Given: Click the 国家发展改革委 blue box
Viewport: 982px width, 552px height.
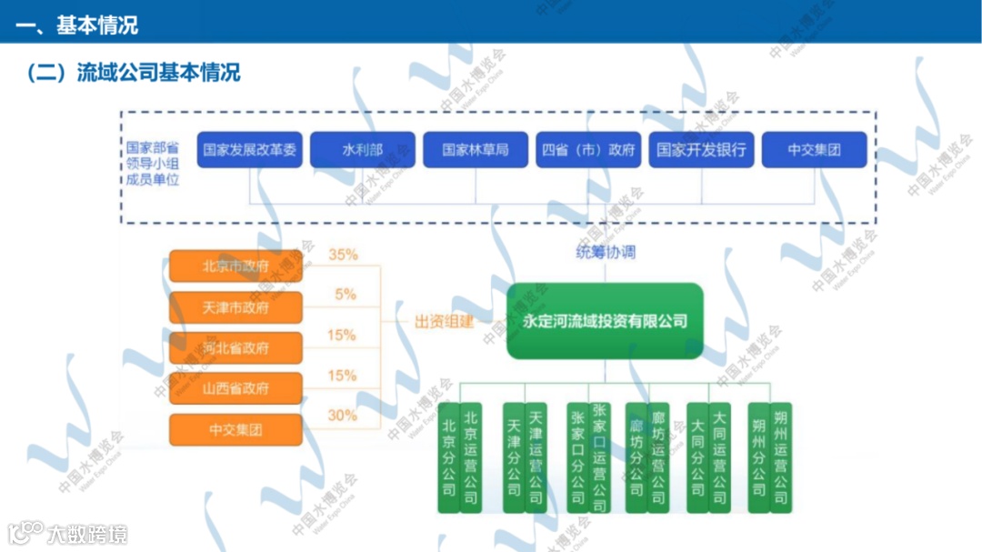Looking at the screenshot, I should tap(249, 150).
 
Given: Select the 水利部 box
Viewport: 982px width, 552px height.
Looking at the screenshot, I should tap(363, 150).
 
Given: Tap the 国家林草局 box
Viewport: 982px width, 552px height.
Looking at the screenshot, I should tap(476, 150).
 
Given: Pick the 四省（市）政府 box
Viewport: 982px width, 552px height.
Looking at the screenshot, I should tap(588, 150).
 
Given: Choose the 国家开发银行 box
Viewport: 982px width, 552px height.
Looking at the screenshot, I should tap(701, 150).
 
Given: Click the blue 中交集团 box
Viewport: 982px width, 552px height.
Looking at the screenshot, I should tap(814, 150).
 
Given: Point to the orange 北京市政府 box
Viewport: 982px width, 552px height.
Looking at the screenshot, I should tap(235, 267).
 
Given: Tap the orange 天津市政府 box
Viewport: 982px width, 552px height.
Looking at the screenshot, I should tap(235, 307).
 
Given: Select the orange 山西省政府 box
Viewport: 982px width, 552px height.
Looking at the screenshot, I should tap(235, 388).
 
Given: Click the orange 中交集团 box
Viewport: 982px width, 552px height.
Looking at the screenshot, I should tap(235, 429).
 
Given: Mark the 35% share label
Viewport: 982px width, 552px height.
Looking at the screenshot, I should tap(343, 256).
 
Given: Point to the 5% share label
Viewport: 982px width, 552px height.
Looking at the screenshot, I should tap(346, 295).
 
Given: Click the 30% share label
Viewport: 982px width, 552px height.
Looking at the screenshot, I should tap(343, 416).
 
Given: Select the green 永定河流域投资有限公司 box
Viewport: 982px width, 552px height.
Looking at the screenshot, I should tap(605, 321).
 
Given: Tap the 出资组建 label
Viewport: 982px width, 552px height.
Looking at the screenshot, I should tap(445, 322).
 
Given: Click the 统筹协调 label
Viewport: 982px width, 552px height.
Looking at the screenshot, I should tap(606, 252).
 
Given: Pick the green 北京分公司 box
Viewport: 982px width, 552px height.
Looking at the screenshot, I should tap(448, 457).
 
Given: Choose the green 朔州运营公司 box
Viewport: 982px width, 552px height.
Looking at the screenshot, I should tap(781, 457).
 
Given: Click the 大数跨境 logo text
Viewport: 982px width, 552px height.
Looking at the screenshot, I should tap(88, 534).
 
